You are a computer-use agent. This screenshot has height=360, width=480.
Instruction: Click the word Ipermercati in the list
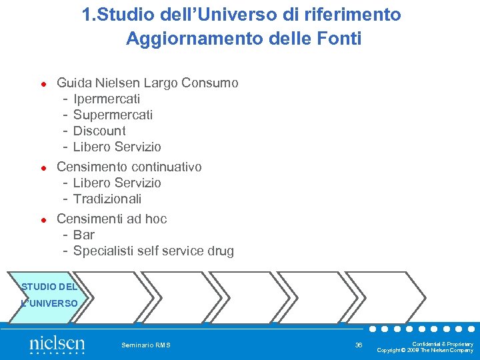click(107, 99)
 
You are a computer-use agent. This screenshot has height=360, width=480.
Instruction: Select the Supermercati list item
click(113, 115)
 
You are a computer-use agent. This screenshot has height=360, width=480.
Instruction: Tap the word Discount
click(99, 131)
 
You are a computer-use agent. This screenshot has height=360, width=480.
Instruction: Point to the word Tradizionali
click(107, 199)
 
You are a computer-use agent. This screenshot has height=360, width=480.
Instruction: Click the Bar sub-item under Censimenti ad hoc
click(84, 235)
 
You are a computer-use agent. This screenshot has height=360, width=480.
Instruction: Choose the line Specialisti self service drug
click(153, 251)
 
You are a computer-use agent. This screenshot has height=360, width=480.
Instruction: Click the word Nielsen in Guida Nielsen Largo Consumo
click(117, 83)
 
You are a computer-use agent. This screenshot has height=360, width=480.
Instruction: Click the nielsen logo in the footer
click(57, 345)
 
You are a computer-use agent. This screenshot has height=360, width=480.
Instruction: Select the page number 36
click(359, 345)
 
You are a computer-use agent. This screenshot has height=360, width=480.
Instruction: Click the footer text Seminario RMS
click(146, 345)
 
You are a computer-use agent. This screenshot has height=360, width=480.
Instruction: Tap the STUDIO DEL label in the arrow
click(49, 287)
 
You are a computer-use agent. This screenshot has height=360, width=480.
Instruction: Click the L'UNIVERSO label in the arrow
click(49, 303)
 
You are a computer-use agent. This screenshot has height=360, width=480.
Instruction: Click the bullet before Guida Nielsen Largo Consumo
click(41, 84)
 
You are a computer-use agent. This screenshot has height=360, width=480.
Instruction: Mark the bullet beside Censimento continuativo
click(41, 167)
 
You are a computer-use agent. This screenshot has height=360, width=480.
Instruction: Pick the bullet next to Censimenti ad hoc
click(41, 219)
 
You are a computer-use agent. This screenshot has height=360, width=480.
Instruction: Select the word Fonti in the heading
click(339, 39)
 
